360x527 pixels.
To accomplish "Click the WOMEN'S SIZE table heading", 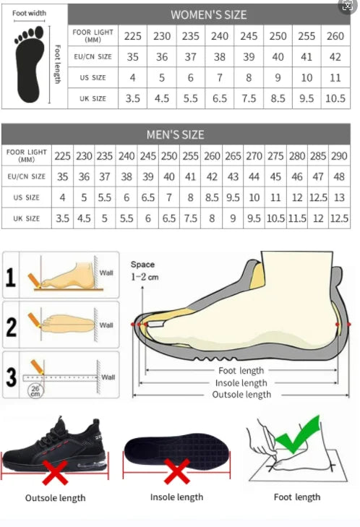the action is (x=208, y=14).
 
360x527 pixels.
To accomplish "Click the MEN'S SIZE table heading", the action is (x=175, y=134).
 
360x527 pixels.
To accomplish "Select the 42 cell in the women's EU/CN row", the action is (x=335, y=57).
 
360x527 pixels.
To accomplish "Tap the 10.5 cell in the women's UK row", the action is (x=335, y=98).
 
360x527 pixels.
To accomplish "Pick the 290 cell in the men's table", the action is (x=339, y=156).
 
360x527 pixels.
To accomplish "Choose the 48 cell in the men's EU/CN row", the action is (x=339, y=177).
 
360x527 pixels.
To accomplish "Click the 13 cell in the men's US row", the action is (x=339, y=197).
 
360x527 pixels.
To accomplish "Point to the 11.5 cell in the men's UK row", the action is (x=297, y=218).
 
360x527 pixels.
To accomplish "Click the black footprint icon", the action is (x=30, y=64).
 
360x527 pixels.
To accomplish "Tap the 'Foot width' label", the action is (x=29, y=13).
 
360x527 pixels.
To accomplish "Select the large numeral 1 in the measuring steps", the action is (x=10, y=278).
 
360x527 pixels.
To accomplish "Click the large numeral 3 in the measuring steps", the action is (x=11, y=377).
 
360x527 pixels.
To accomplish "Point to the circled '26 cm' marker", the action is (x=35, y=391).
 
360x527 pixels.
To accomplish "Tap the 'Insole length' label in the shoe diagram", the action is (x=241, y=383).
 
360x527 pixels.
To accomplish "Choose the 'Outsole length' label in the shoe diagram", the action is (x=241, y=395).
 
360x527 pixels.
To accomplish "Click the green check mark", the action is (x=298, y=434).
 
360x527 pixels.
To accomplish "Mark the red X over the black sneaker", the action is (x=55, y=472).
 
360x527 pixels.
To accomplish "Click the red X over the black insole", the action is (x=177, y=471).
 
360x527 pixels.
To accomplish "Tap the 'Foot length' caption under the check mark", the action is (x=297, y=497).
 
